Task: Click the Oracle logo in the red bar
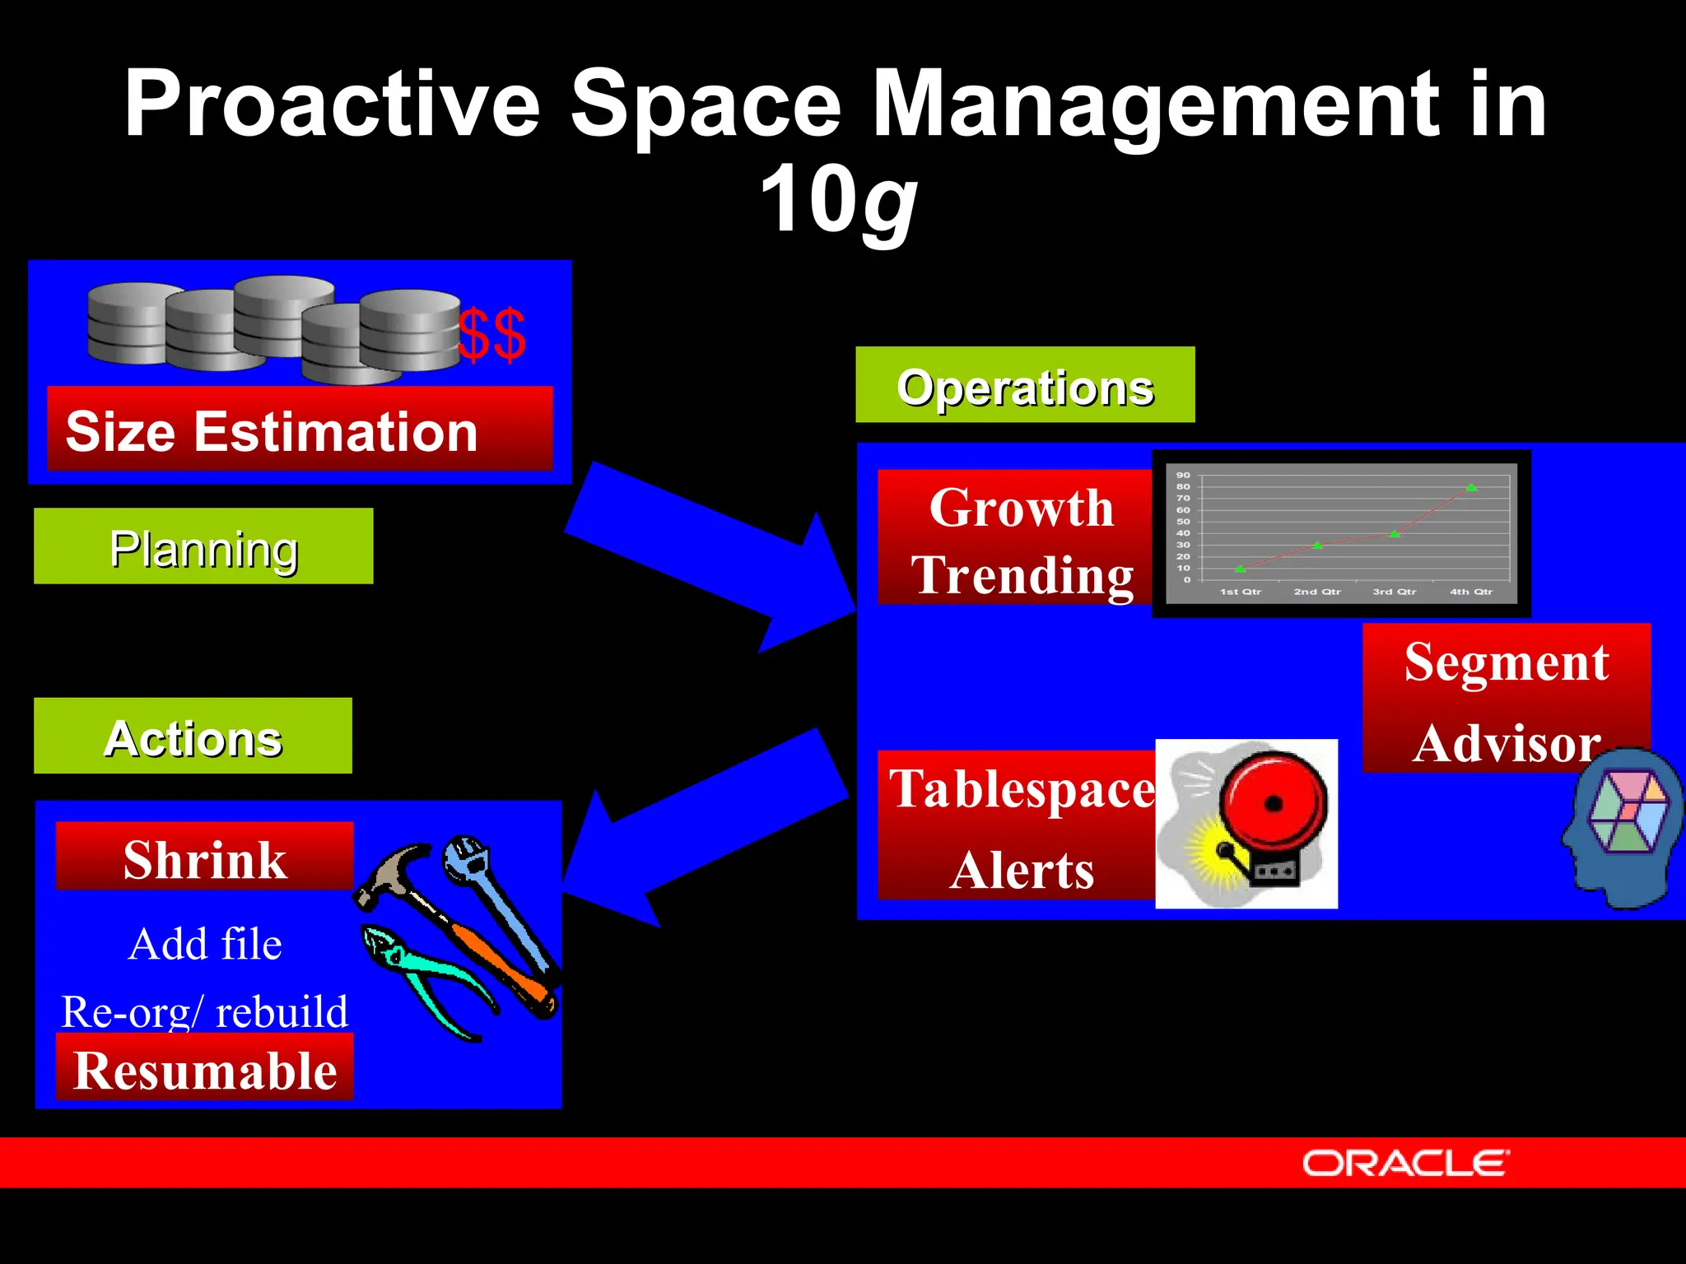[x=1405, y=1164]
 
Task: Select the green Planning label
[x=203, y=546]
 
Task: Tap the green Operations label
[x=1025, y=385]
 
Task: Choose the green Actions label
[x=193, y=736]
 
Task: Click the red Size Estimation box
[x=299, y=430]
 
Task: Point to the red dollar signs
[x=491, y=335]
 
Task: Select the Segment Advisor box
[x=1506, y=699]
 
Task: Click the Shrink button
[x=204, y=857]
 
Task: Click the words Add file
[x=205, y=943]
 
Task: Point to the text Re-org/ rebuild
[x=205, y=1011]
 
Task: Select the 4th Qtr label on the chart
[x=1471, y=592]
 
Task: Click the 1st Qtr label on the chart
[x=1240, y=592]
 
